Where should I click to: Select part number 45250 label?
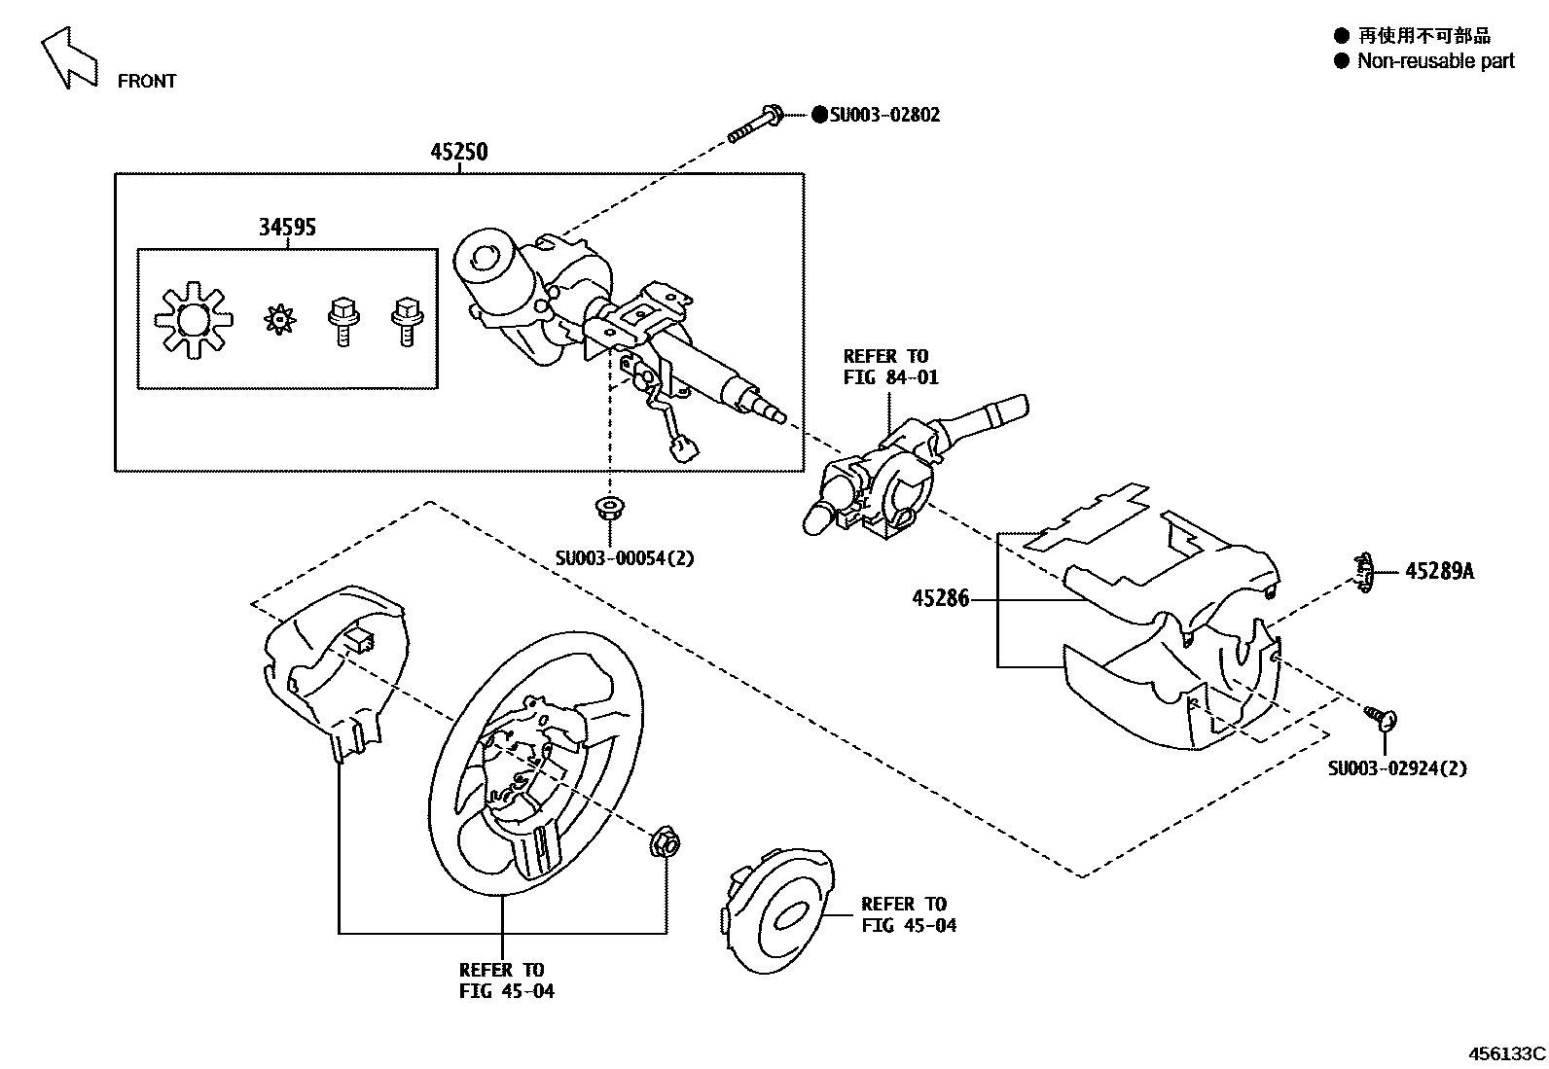[x=459, y=152]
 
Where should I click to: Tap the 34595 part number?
[x=287, y=228]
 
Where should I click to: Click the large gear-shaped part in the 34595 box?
[x=194, y=319]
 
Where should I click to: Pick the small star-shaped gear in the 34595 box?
[x=279, y=318]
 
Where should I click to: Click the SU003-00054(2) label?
[x=625, y=558]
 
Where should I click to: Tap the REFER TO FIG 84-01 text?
[x=889, y=367]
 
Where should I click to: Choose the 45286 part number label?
[x=940, y=599]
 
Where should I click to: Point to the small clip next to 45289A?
[x=1364, y=571]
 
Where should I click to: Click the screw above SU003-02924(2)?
[x=1383, y=718]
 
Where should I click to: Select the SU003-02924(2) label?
[x=1397, y=768]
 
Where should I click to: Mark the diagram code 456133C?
[x=1506, y=1053]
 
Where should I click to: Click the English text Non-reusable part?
[x=1435, y=61]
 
